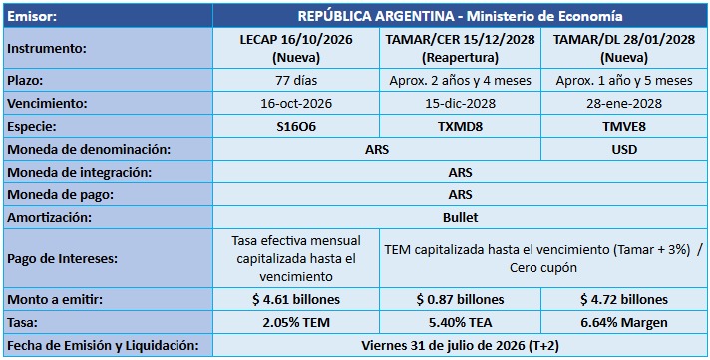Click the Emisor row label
point(32,16)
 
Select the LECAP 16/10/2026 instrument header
point(296,48)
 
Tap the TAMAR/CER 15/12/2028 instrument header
point(460,48)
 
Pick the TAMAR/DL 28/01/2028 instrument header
point(624,48)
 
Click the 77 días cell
point(296,81)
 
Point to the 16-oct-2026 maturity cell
point(296,104)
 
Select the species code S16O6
point(296,127)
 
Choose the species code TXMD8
point(460,127)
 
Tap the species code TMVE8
point(624,127)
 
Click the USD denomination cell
point(624,150)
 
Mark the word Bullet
point(460,217)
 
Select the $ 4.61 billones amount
point(296,300)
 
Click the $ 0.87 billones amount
point(460,300)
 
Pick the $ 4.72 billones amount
point(624,300)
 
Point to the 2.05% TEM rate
point(296,323)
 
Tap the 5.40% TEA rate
point(460,323)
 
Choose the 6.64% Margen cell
point(624,323)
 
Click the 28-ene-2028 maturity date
point(624,104)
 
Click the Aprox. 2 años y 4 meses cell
point(460,81)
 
